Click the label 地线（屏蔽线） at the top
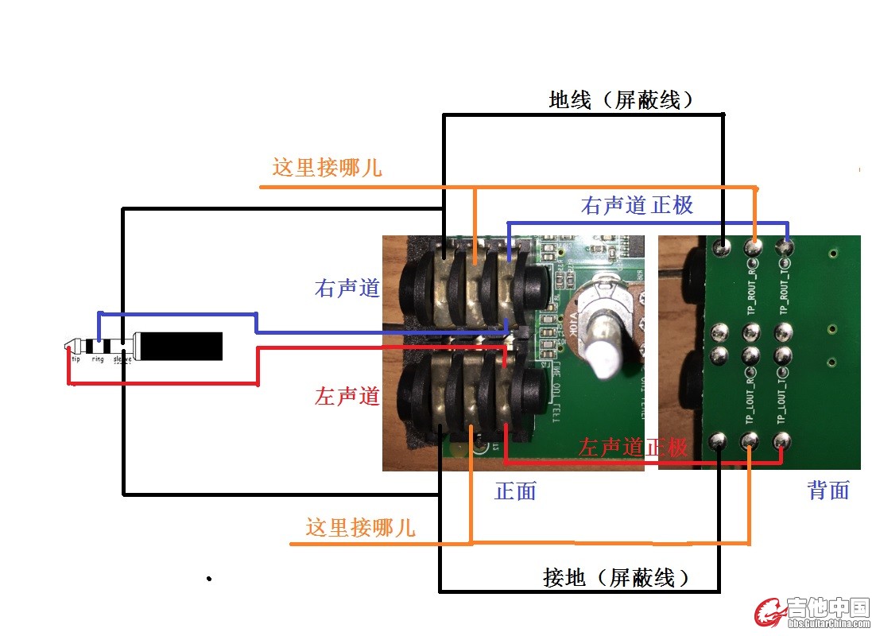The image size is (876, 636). coord(622,99)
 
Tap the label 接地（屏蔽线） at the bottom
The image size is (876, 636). coord(615,578)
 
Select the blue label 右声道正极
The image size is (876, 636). coord(638,205)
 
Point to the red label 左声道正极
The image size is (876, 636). coord(633,447)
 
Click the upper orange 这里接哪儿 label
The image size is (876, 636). coord(327,168)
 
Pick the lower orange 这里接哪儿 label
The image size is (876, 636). coord(360,526)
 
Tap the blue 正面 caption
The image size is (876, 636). coord(515,491)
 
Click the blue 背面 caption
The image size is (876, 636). coord(828,491)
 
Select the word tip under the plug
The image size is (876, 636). coord(76,359)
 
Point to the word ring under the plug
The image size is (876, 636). coord(98,359)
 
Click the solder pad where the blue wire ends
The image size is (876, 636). coord(786,248)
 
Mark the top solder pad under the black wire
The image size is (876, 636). coord(722,248)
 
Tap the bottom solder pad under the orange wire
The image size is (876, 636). coord(750,440)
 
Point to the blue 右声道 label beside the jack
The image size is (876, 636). coord(347,288)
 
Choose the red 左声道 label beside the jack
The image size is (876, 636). coord(347,395)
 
